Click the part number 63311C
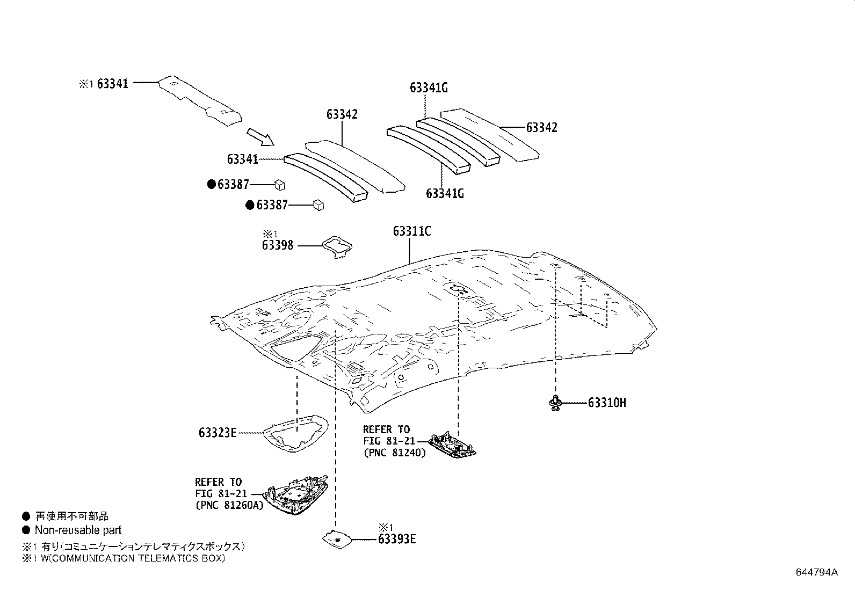click(411, 231)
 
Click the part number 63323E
click(217, 432)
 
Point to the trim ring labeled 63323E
click(296, 433)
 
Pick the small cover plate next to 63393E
click(336, 539)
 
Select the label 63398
click(278, 245)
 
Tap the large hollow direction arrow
click(260, 136)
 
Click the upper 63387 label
click(233, 185)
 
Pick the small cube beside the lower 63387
click(318, 205)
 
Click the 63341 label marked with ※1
click(112, 83)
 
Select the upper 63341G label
click(428, 88)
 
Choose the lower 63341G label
click(445, 193)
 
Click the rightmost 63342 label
click(541, 127)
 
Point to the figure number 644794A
click(816, 572)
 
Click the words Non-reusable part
click(78, 530)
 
